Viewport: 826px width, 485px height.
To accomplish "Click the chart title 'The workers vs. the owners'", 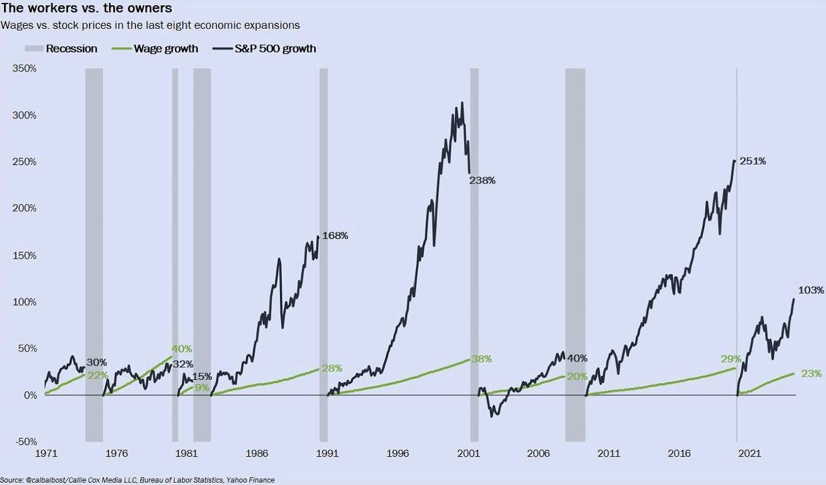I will (x=86, y=9).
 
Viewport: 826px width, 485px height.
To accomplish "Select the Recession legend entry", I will (x=61, y=48).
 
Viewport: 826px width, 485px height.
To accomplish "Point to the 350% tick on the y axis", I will (x=24, y=68).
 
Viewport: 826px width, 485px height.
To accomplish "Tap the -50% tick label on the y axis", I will (x=24, y=442).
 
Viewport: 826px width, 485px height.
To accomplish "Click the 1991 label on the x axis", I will (x=328, y=454).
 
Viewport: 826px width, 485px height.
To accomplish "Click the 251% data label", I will (x=753, y=161).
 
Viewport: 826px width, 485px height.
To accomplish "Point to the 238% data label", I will (x=483, y=180).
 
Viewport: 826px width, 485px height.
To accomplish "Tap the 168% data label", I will (x=335, y=236).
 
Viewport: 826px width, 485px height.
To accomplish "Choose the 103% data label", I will (x=811, y=290).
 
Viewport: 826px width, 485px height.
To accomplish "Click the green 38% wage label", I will (x=481, y=359).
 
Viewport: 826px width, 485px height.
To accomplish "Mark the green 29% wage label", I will (x=731, y=359).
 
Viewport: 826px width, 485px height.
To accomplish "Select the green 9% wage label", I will (x=202, y=387).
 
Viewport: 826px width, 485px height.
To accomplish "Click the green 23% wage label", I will (x=812, y=374).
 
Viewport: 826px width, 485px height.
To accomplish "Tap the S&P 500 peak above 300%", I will (x=462, y=103).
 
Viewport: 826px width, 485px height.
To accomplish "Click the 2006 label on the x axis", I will (x=539, y=454).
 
